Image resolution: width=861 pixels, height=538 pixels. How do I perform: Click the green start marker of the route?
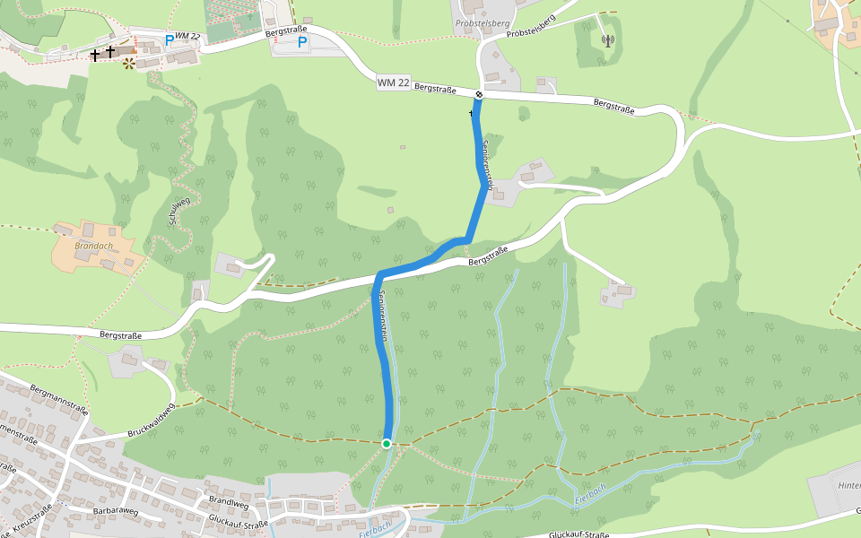point(387,443)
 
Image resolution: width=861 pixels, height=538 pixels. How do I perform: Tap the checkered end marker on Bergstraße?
point(480,94)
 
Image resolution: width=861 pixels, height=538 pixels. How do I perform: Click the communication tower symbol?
point(607,39)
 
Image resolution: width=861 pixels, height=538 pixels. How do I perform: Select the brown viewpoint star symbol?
point(129,63)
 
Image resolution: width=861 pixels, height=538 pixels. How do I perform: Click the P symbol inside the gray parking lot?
point(302,40)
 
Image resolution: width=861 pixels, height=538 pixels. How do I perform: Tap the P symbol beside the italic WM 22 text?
point(170,39)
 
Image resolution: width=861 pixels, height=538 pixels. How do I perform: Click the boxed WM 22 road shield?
point(394,82)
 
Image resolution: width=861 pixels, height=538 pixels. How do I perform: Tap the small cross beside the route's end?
point(471,113)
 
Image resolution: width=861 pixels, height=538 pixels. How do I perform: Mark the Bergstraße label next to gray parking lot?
point(287,31)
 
